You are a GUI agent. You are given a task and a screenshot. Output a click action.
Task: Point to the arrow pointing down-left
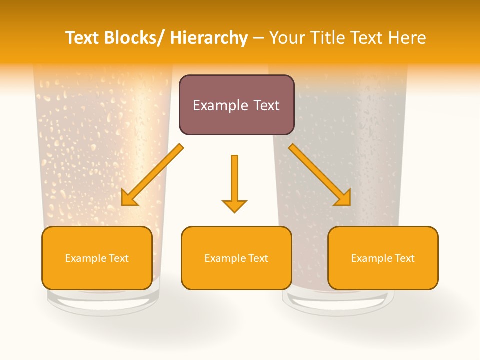click(x=152, y=175)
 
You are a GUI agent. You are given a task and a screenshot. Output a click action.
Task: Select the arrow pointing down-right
click(x=320, y=175)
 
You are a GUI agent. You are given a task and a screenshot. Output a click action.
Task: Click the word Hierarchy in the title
click(x=209, y=38)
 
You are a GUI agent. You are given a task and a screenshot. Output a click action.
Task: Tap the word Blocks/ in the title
click(x=137, y=38)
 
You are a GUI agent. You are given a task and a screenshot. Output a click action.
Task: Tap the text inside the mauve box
click(x=236, y=105)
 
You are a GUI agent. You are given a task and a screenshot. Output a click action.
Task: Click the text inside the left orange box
click(x=97, y=258)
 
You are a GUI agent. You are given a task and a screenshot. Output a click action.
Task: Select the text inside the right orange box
click(x=383, y=258)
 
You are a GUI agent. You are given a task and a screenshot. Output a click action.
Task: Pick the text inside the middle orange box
click(x=236, y=258)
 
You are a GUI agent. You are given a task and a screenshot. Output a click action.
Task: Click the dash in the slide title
click(x=258, y=38)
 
